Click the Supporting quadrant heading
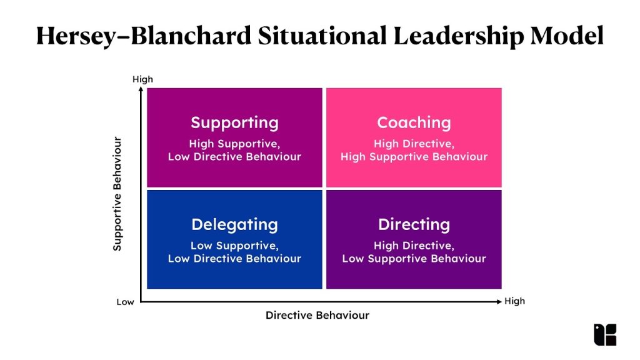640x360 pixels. pyautogui.click(x=234, y=122)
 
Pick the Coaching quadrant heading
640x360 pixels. pyautogui.click(x=414, y=122)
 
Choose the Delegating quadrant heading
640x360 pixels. pyautogui.click(x=234, y=224)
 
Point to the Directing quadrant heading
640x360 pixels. pyautogui.click(x=414, y=224)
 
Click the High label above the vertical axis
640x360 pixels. pyautogui.click(x=142, y=79)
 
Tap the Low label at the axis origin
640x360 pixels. pyautogui.click(x=125, y=302)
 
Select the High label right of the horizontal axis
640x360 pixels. pyautogui.click(x=515, y=301)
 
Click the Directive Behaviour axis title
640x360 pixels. pyautogui.click(x=317, y=316)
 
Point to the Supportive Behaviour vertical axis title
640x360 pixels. pyautogui.click(x=117, y=194)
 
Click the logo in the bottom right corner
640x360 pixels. pyautogui.click(x=604, y=334)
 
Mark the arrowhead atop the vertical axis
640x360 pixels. pyautogui.click(x=142, y=90)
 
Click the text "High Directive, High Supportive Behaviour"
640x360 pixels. pyautogui.click(x=414, y=150)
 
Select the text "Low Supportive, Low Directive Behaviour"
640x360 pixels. pyautogui.click(x=234, y=252)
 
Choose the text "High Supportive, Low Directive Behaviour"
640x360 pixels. pyautogui.click(x=234, y=150)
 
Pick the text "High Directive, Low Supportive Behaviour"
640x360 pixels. pyautogui.click(x=414, y=252)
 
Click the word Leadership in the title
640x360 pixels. pyautogui.click(x=457, y=37)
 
